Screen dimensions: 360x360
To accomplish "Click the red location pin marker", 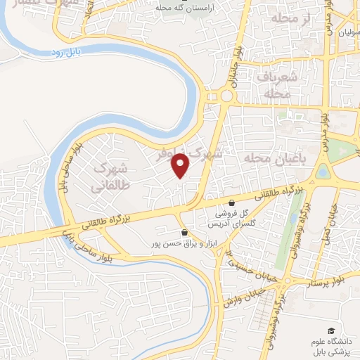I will point(181,165).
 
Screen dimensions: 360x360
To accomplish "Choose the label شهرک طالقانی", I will point(112,176).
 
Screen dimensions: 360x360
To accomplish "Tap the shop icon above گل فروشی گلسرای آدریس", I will point(231,203).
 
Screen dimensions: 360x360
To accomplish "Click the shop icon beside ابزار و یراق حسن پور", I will point(184,232).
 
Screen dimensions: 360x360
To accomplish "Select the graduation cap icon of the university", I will point(330,330).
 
